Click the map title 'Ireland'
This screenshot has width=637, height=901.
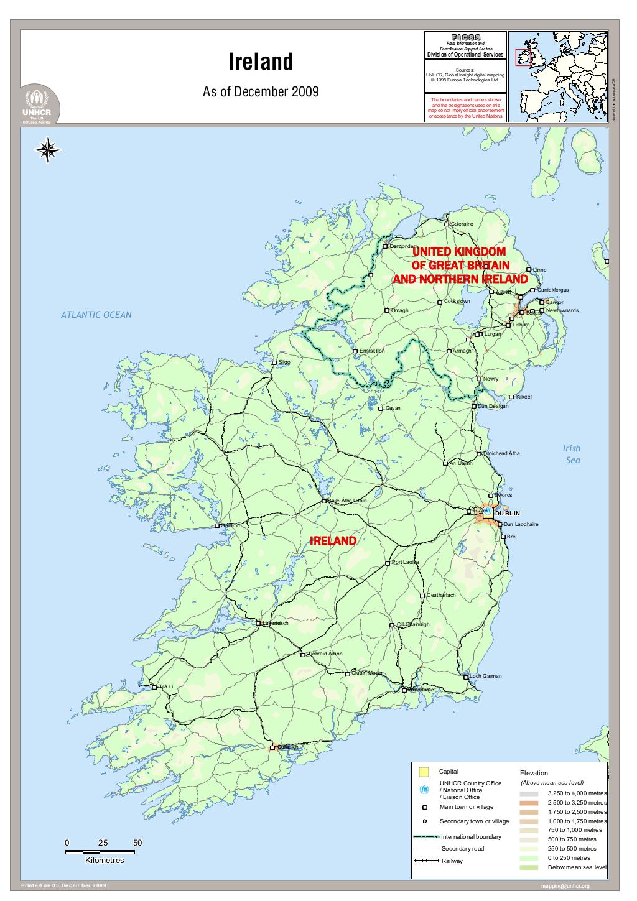(x=261, y=62)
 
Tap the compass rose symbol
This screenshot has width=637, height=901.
(x=48, y=150)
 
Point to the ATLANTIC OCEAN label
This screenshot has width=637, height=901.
(x=96, y=315)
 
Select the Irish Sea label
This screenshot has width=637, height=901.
(x=572, y=454)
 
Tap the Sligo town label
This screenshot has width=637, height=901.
(x=284, y=361)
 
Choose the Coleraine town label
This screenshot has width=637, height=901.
(x=462, y=224)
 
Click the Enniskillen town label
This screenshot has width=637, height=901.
(x=372, y=351)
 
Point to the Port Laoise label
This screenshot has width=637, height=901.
(x=405, y=562)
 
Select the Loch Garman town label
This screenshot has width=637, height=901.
(x=485, y=676)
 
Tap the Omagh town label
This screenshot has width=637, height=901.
(x=399, y=310)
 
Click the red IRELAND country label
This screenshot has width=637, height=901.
(x=333, y=541)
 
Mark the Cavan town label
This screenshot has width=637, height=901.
(x=393, y=409)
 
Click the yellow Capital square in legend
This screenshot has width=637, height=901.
(x=424, y=772)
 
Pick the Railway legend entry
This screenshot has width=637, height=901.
(x=452, y=861)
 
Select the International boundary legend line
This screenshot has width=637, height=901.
(x=427, y=837)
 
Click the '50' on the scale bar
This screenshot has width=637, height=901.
(x=137, y=843)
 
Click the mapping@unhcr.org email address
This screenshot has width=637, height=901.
(x=565, y=886)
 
